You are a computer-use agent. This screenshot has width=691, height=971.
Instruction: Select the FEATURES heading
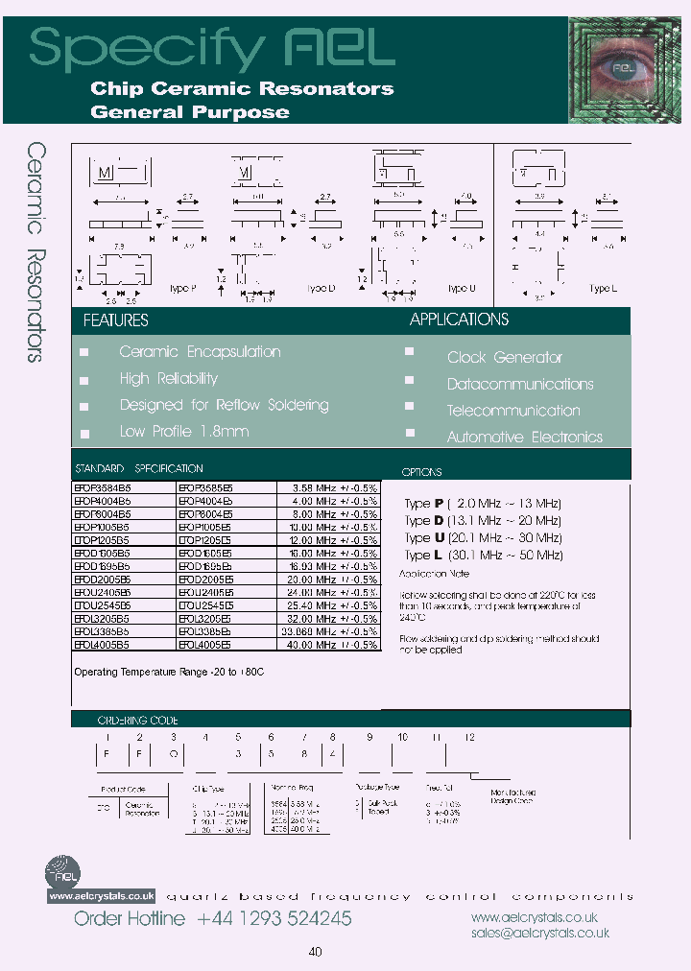(115, 320)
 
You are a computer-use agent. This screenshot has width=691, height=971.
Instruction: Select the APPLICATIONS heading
(459, 320)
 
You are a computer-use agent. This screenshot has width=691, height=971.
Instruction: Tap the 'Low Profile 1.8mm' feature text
(183, 432)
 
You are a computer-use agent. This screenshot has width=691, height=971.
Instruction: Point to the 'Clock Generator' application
(504, 358)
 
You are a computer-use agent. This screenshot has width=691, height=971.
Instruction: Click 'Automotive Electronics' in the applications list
(524, 438)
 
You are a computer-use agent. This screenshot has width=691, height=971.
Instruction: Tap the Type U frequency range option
(483, 538)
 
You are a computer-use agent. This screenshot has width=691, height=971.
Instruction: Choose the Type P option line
(483, 504)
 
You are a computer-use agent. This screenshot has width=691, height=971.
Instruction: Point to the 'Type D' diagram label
(322, 289)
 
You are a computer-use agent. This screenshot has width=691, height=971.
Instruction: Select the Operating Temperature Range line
(169, 673)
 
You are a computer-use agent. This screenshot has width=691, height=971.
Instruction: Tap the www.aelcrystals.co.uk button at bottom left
(101, 895)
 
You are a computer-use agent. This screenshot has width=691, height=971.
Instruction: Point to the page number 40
(316, 952)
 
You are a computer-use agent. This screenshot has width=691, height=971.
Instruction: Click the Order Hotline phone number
(274, 919)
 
